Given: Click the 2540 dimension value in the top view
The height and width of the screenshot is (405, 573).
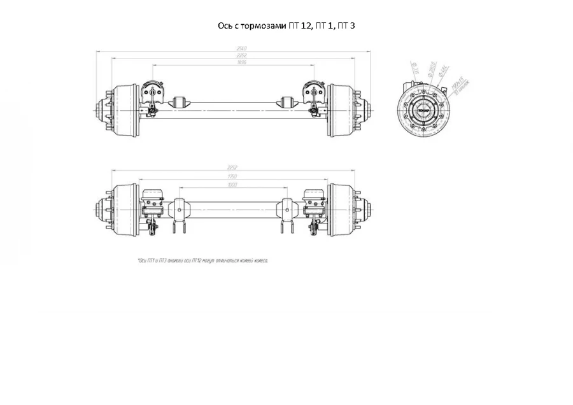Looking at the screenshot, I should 232,48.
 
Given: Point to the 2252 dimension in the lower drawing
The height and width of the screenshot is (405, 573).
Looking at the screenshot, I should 232,167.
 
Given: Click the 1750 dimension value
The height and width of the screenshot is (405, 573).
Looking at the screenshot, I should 232,176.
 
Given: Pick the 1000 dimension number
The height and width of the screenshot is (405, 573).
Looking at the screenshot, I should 232,185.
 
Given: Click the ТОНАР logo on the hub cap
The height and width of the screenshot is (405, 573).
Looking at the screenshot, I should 423,110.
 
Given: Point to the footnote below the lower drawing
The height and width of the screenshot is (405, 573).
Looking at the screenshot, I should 203,260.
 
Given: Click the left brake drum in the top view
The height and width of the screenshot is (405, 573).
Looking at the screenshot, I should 125,110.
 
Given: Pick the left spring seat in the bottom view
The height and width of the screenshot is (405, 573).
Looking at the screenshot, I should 179,210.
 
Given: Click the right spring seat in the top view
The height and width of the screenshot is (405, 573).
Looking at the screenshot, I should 287,102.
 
